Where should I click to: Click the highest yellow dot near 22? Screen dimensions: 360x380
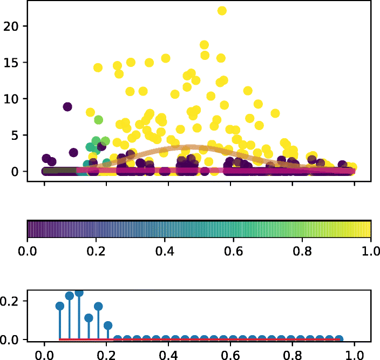222,11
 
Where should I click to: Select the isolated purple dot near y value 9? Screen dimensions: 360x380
67,106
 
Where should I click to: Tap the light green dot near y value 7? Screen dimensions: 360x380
98,119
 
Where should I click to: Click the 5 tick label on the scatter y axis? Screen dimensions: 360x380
16,135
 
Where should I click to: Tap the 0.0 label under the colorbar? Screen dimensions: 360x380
27,251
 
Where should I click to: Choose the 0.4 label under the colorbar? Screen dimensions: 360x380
165,251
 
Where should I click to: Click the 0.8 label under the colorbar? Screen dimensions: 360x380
302,251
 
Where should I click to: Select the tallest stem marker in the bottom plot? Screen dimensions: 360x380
79,293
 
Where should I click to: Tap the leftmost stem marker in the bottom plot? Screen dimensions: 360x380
59,306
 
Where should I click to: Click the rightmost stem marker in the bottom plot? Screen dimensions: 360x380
339,339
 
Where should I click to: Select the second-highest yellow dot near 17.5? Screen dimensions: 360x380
204,45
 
